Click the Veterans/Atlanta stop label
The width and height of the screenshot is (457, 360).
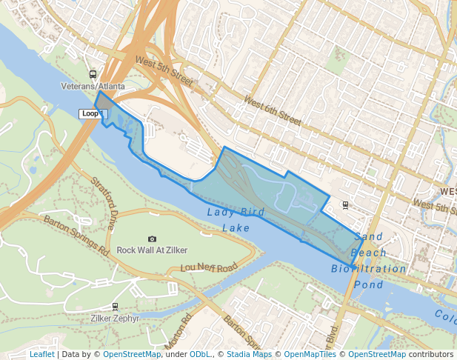click(93, 87)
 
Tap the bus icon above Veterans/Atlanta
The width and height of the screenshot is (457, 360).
click(93, 74)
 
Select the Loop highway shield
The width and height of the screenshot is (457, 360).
click(91, 113)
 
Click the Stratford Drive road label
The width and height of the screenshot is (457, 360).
click(104, 201)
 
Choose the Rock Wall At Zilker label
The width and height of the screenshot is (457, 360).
click(152, 250)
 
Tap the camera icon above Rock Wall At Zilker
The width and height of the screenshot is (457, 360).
click(152, 239)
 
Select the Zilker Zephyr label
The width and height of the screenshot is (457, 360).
click(114, 318)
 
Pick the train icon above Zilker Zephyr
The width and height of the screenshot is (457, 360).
click(114, 306)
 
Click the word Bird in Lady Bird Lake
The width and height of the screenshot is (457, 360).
click(253, 213)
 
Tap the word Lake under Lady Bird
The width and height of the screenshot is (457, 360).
click(236, 228)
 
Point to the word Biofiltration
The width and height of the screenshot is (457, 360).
click(368, 268)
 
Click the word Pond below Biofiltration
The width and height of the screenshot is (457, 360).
click(368, 284)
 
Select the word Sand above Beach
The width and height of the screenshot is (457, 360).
click(368, 237)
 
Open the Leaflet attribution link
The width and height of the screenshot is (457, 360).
click(41, 354)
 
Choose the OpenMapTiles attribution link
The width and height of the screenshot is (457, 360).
click(312, 354)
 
